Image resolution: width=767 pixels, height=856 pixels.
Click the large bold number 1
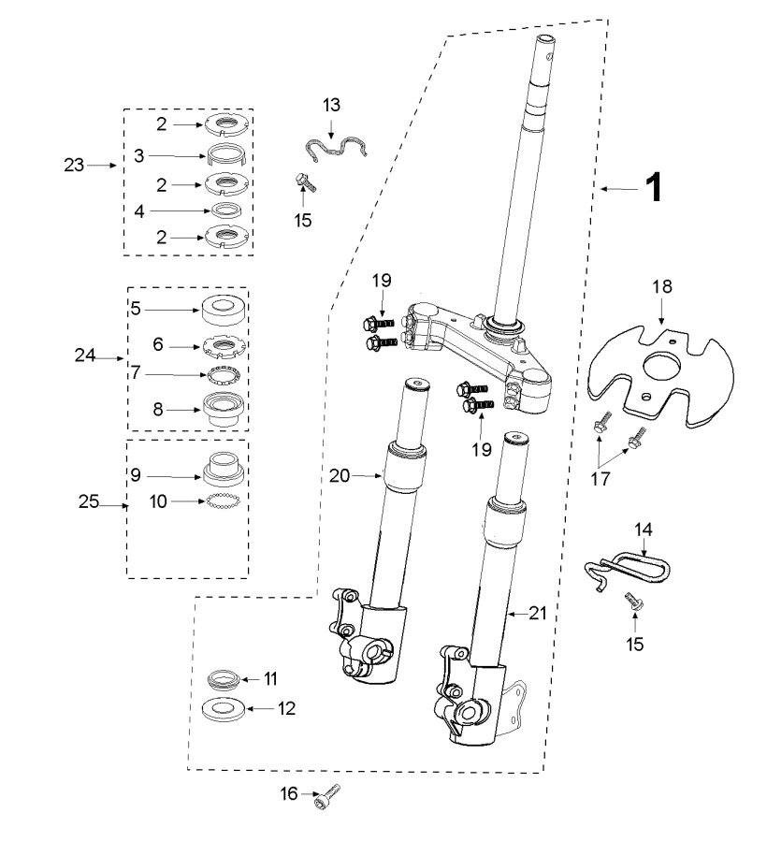coord(654,187)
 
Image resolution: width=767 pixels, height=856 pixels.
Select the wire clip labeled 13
coord(335,149)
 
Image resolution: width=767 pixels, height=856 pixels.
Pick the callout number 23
coord(74,165)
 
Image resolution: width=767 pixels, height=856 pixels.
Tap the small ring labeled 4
coord(226,210)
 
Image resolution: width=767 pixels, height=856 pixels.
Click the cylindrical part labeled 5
coord(224,311)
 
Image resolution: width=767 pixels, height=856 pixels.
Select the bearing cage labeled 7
coord(224,375)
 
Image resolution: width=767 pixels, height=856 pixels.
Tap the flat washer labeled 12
coord(224,708)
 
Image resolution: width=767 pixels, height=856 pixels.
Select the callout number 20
coord(339,476)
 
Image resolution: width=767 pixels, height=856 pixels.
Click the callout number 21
coord(538,613)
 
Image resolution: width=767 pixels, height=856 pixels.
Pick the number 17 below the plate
coord(600,479)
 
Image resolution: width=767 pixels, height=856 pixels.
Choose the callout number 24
coord(84,355)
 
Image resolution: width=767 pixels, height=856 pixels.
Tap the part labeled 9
coord(224,469)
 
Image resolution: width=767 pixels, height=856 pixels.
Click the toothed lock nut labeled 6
coord(224,345)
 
